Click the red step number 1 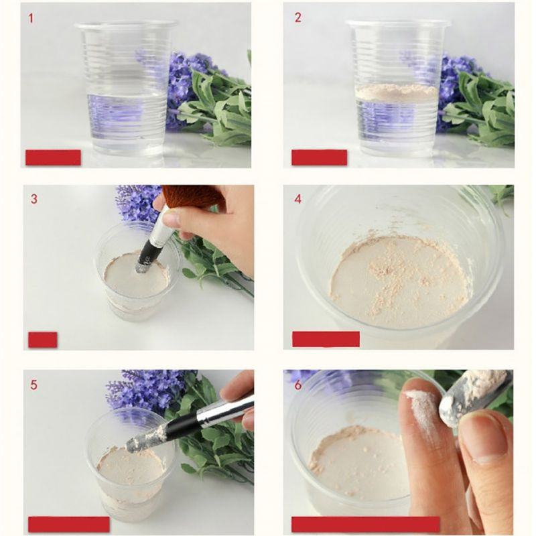[x=31, y=18]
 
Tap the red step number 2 [x=297, y=18]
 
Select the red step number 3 [x=34, y=199]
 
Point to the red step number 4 [x=297, y=199]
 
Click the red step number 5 [x=33, y=385]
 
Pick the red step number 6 [x=297, y=385]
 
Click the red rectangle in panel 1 [x=54, y=157]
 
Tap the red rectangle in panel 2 [x=320, y=157]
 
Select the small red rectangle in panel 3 [x=43, y=340]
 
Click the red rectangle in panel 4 [x=326, y=339]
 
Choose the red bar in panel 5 [x=69, y=525]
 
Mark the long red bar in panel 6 [x=365, y=525]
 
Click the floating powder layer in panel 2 [x=397, y=92]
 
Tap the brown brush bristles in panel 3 [x=194, y=196]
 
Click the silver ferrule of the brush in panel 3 [x=163, y=227]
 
